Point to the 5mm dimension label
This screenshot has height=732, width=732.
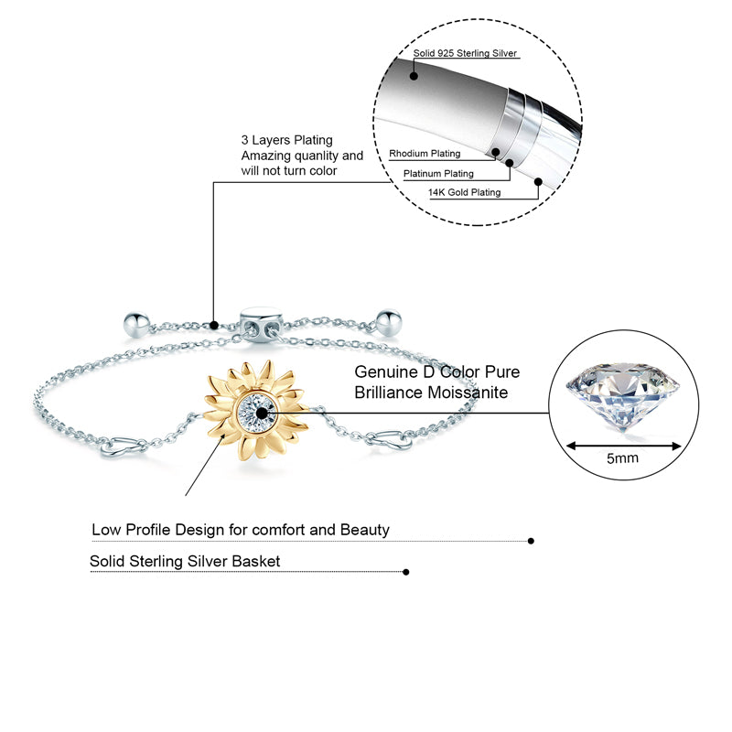point(622,457)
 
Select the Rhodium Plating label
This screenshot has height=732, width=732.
point(425,154)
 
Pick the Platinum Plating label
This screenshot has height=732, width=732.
point(438,173)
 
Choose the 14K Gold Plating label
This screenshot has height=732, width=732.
point(465,192)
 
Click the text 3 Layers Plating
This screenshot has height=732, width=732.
point(286,140)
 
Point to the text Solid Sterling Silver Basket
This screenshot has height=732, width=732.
point(185,561)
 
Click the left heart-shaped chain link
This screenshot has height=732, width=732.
point(121,447)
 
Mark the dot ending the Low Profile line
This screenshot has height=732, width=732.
point(532,541)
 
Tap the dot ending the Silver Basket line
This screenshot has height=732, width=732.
point(405,572)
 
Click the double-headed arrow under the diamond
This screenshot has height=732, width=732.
point(622,446)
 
